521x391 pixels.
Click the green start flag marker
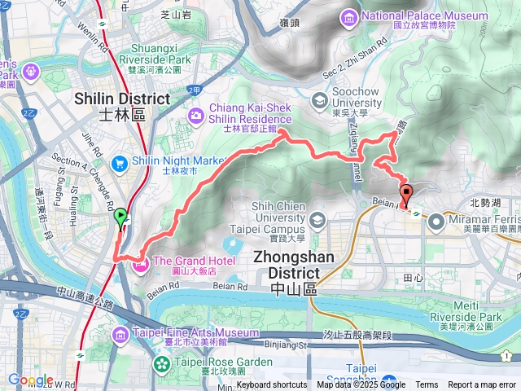click(x=120, y=217)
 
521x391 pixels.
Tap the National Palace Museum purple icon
click(x=349, y=15)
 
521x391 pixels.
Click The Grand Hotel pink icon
click(x=141, y=261)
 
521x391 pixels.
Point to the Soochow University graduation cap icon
click(x=318, y=99)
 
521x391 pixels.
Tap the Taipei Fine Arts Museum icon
click(x=120, y=333)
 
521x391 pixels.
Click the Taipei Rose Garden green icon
click(x=160, y=362)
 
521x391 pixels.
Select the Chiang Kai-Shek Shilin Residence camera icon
click(x=196, y=116)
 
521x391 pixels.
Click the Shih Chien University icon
click(x=317, y=220)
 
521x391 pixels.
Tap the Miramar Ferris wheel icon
click(x=436, y=220)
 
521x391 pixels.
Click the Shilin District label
click(x=121, y=99)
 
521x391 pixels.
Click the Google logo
click(x=30, y=380)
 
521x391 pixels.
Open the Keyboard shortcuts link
click(x=272, y=385)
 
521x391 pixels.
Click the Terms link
click(x=427, y=385)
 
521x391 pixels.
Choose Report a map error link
click(x=482, y=385)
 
